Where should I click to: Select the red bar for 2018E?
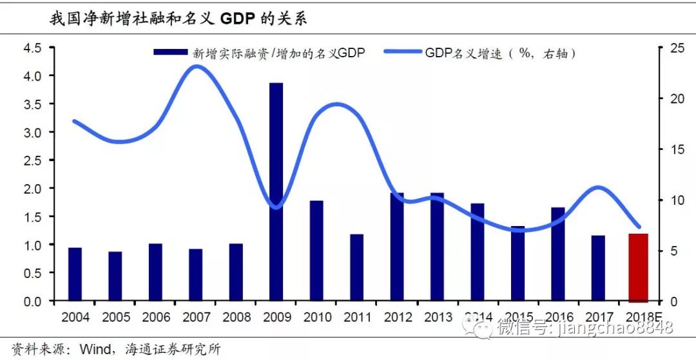(x=638, y=267)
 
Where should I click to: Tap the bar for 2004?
(x=75, y=274)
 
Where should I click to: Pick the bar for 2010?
(x=316, y=251)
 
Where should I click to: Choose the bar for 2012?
(x=397, y=247)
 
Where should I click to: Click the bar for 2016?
(x=557, y=254)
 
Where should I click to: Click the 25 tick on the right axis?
(x=674, y=48)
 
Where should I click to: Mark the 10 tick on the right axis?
(x=674, y=200)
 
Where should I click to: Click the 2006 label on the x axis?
(x=156, y=317)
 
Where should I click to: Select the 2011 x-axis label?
(x=356, y=317)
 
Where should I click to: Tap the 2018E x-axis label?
(x=642, y=317)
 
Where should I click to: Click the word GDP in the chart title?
(x=238, y=19)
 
